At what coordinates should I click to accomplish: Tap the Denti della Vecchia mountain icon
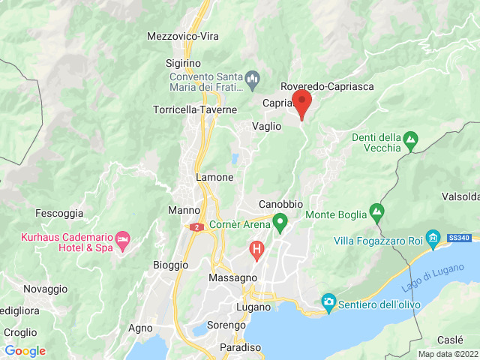click(x=410, y=139)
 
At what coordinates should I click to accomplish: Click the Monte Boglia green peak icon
click(x=376, y=212)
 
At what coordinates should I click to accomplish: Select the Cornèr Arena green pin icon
click(x=280, y=222)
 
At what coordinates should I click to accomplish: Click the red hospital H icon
click(x=257, y=248)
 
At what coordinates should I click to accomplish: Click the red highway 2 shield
click(x=196, y=226)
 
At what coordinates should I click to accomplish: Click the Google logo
click(x=25, y=351)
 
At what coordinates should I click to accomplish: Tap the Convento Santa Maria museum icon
click(x=253, y=77)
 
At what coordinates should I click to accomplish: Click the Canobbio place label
click(x=280, y=204)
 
